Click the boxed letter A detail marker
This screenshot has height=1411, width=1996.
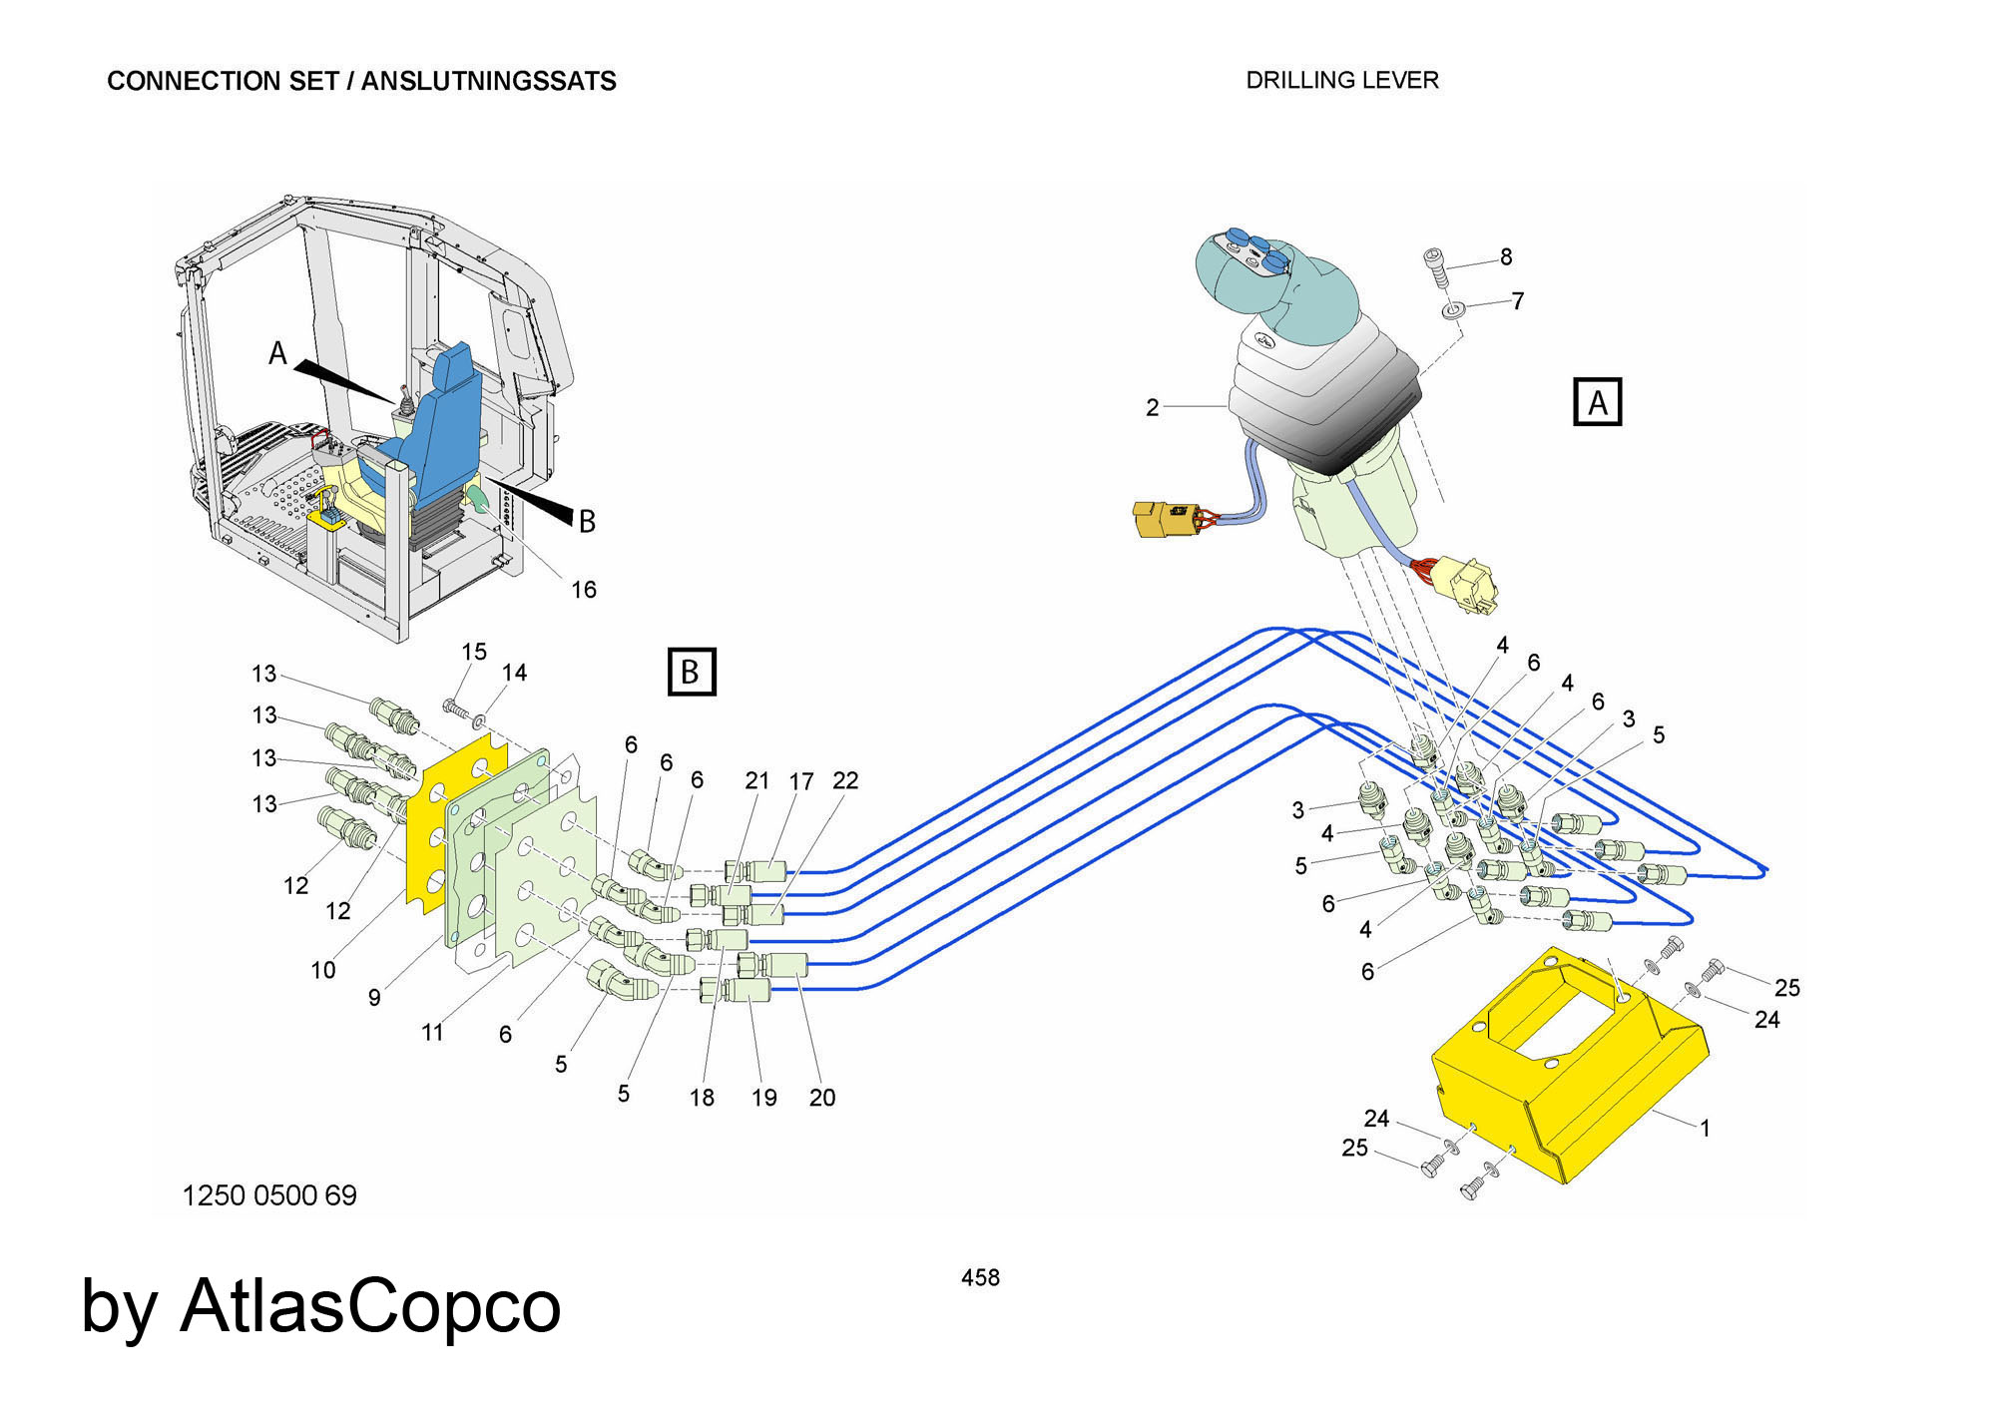[x=1597, y=402]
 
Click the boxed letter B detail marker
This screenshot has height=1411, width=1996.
[x=691, y=672]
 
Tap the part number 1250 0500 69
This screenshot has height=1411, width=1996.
[x=269, y=1194]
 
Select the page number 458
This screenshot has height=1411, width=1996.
[x=980, y=1277]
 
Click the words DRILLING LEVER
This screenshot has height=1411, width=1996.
[x=1342, y=80]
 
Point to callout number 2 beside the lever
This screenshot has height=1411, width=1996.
[x=1153, y=407]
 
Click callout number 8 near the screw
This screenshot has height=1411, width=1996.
[x=1506, y=256]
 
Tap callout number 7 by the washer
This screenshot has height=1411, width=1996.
[x=1517, y=300]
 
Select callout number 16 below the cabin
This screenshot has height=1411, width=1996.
[x=584, y=590]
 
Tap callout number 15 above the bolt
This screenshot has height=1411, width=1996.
[x=474, y=652]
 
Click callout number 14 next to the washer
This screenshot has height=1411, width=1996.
[x=514, y=673]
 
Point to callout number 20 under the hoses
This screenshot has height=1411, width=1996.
[x=822, y=1098]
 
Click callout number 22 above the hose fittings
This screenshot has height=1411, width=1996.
[x=845, y=780]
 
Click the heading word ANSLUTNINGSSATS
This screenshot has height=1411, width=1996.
[x=488, y=81]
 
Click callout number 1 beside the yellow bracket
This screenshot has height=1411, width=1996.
[x=1706, y=1128]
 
